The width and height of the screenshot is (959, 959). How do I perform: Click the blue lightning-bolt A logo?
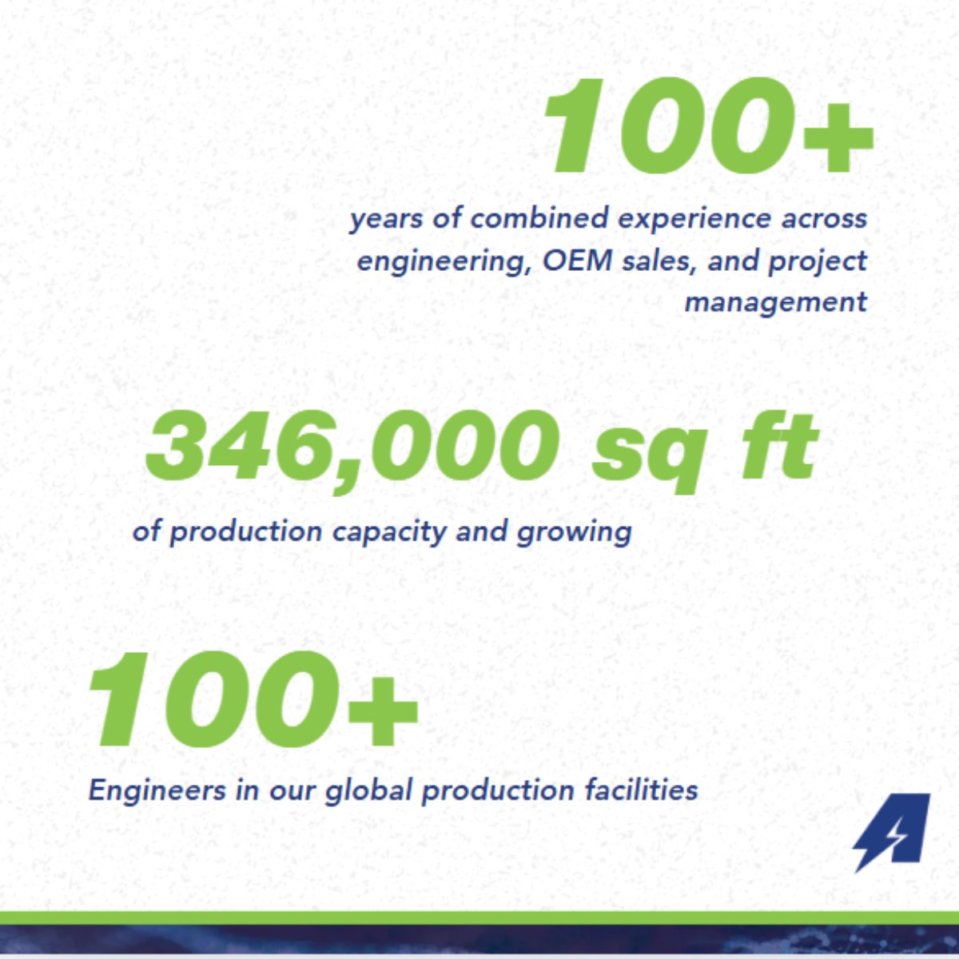pyautogui.click(x=892, y=831)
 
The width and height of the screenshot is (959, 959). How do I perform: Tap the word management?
pyautogui.click(x=775, y=303)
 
